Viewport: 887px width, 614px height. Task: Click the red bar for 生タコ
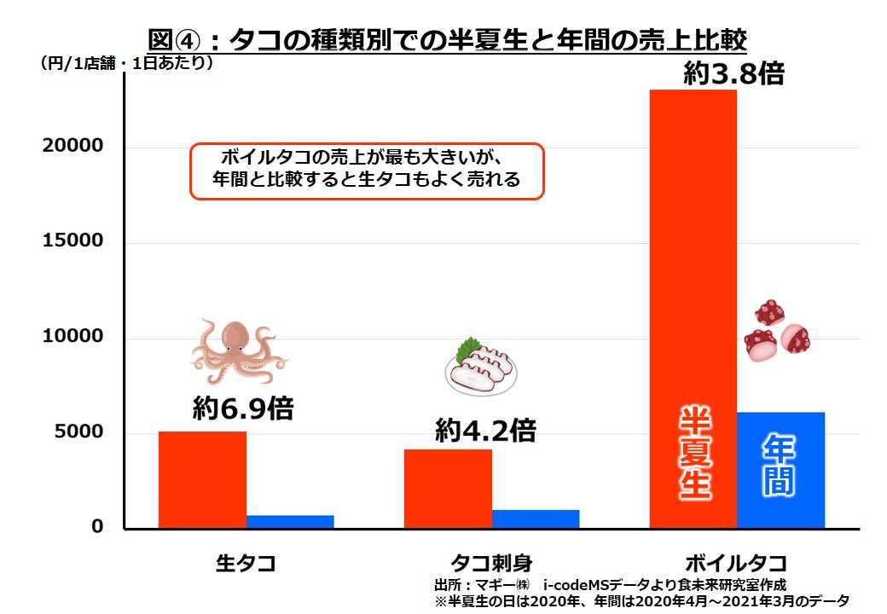pos(202,479)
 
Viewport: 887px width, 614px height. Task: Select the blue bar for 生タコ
pos(290,521)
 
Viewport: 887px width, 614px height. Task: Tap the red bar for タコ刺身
pos(448,488)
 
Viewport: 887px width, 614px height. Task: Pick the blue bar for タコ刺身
pos(536,518)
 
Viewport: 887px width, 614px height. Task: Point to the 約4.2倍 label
pos(485,431)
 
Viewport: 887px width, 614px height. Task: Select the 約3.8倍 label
pos(733,74)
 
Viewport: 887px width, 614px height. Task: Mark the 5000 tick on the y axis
pos(78,432)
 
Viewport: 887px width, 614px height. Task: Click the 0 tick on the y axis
pos(96,527)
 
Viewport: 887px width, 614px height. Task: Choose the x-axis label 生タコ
pos(246,563)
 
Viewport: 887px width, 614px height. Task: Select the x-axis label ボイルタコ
pos(735,563)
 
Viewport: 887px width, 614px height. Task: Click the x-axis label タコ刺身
pos(491,563)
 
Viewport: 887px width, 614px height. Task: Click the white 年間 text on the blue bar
pos(780,466)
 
